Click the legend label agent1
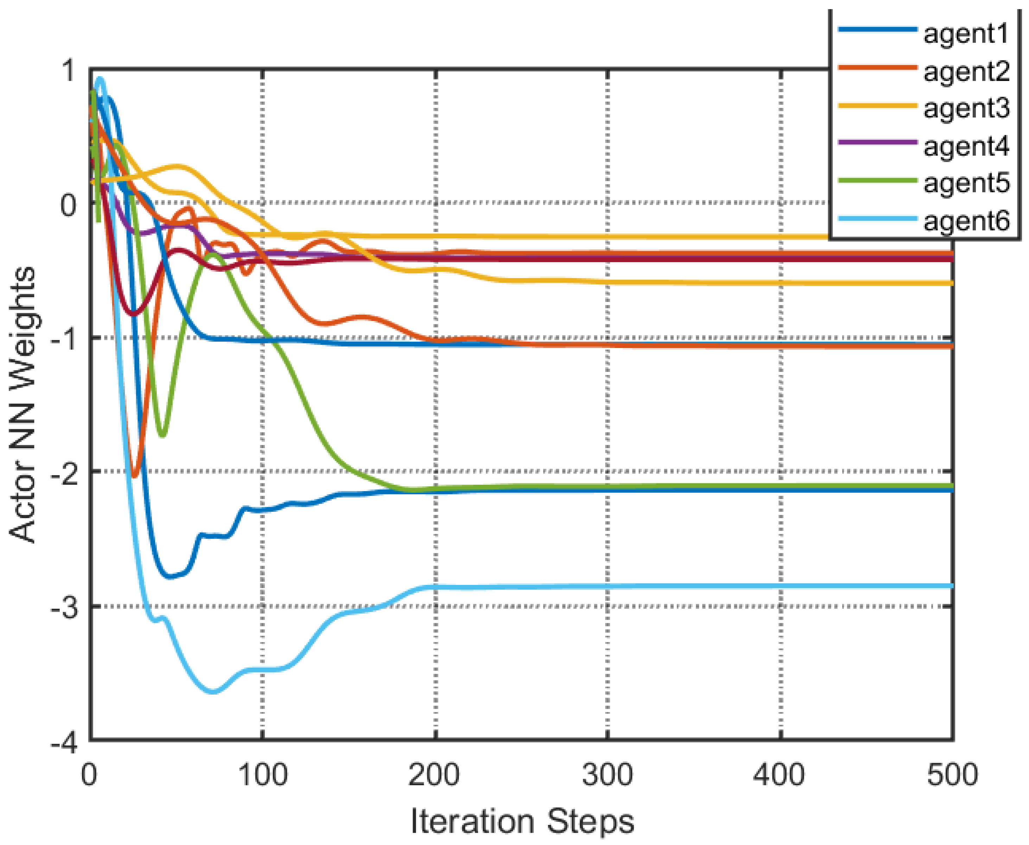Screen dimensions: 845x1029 966,34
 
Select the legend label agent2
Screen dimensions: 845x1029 966,72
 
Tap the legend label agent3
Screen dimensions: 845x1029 966,108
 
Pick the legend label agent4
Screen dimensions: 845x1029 966,146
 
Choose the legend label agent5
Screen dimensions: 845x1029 966,183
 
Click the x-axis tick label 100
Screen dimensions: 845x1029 262,774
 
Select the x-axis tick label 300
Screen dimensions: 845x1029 607,774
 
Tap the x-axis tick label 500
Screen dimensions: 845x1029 952,774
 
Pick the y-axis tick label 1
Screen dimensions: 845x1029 69,71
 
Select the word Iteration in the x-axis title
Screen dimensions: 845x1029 472,822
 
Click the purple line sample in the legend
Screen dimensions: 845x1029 877,142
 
